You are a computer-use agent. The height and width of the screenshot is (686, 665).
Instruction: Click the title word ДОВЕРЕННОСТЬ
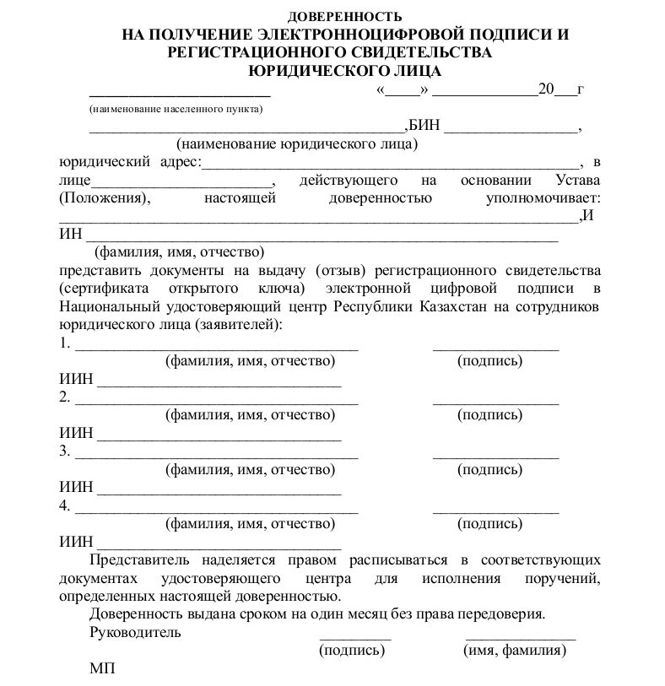[x=345, y=17]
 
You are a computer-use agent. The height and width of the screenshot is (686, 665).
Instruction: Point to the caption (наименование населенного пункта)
[x=176, y=109]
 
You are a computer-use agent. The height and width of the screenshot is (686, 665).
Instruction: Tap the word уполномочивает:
[x=543, y=198]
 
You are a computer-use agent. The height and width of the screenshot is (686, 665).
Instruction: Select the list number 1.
[x=64, y=343]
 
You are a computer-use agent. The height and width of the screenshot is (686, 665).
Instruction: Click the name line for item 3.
[x=217, y=456]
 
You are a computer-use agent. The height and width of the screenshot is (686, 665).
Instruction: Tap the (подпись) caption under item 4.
[x=489, y=524]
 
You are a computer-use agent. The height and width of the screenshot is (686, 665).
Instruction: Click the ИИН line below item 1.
[x=219, y=385]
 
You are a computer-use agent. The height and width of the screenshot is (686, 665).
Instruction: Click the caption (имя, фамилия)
[x=515, y=651]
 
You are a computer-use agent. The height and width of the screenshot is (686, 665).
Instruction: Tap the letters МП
[x=101, y=669]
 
